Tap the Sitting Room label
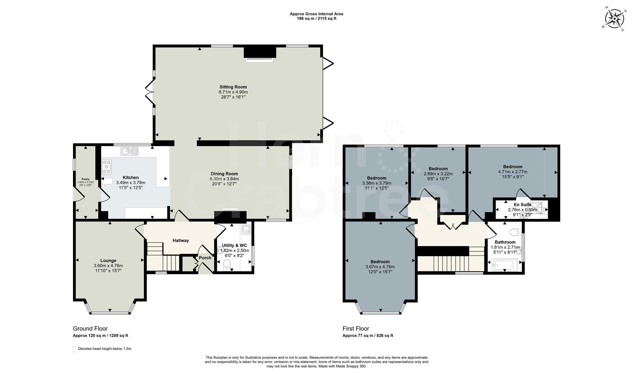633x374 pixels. (233, 87)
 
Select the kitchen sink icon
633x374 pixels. (129, 151)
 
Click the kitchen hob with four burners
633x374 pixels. (107, 167)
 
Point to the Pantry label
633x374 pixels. (85, 179)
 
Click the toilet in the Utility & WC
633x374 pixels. (227, 265)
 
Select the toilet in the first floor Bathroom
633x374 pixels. (516, 232)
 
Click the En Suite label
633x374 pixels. (522, 205)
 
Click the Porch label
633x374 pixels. (205, 258)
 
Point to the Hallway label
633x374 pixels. (181, 240)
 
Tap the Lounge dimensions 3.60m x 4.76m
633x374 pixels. (108, 266)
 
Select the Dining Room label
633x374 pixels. (224, 174)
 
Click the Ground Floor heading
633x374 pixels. (90, 328)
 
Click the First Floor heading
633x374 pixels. (356, 328)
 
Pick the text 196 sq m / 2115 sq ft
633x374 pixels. (316, 19)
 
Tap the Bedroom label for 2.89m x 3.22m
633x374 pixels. (438, 169)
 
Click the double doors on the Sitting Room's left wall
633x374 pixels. (150, 91)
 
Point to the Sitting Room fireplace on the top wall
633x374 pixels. (260, 54)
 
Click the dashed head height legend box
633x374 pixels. (74, 349)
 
